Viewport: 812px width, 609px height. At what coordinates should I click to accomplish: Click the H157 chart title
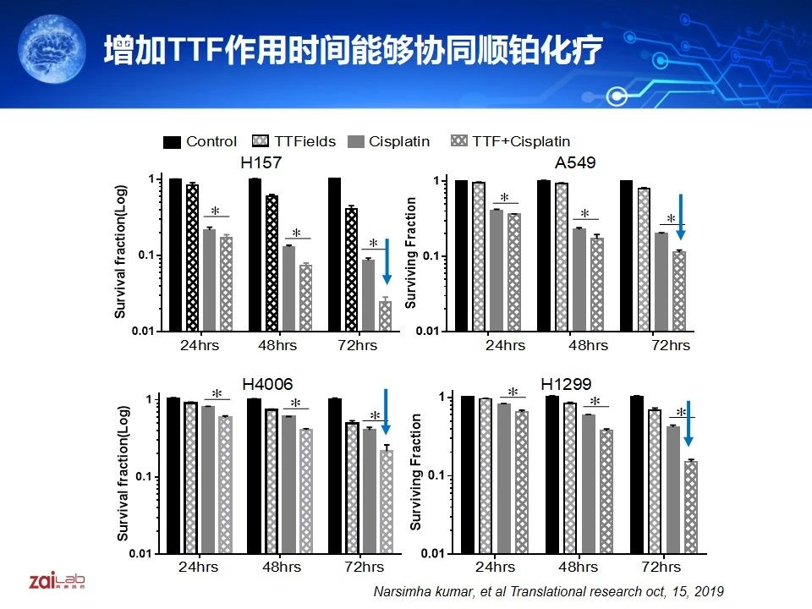click(x=261, y=163)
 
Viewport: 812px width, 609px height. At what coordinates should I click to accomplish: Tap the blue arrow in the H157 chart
click(x=387, y=261)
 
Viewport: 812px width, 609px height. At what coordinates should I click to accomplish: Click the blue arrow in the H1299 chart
click(x=689, y=423)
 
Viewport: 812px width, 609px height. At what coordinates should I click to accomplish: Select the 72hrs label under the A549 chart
click(x=671, y=345)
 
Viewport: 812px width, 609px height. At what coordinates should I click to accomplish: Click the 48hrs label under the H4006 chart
click(x=283, y=567)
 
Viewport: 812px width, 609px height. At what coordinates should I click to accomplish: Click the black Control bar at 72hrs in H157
click(x=334, y=254)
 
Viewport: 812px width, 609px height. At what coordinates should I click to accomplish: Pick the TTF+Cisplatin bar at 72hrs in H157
click(x=385, y=315)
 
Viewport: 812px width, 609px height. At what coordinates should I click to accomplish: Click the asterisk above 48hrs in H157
click(x=297, y=233)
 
